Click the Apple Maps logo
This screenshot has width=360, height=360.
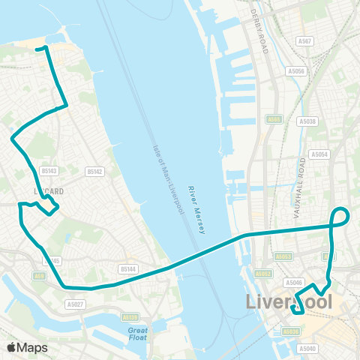tap(27, 347)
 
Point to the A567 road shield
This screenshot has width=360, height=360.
tap(305, 42)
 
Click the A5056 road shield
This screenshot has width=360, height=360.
tap(298, 71)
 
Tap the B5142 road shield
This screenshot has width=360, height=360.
tap(94, 172)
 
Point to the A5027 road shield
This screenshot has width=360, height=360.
tap(74, 304)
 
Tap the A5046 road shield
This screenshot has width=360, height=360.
tap(295, 283)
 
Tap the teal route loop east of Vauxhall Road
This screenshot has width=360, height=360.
tap(341, 216)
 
